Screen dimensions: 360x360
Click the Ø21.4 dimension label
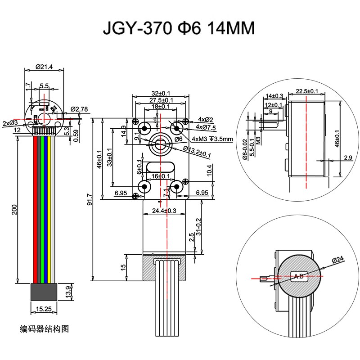pyautogui.click(x=44, y=67)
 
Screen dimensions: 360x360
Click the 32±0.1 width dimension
pyautogui.click(x=161, y=94)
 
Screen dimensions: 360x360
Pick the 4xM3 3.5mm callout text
pyautogui.click(x=212, y=139)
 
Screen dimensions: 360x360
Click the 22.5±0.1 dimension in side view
pyautogui.click(x=307, y=91)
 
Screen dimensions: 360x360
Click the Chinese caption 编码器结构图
pyautogui.click(x=44, y=328)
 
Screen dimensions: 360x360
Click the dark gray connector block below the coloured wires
pyautogui.click(x=44, y=292)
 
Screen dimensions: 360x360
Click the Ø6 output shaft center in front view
pyautogui.click(x=160, y=144)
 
